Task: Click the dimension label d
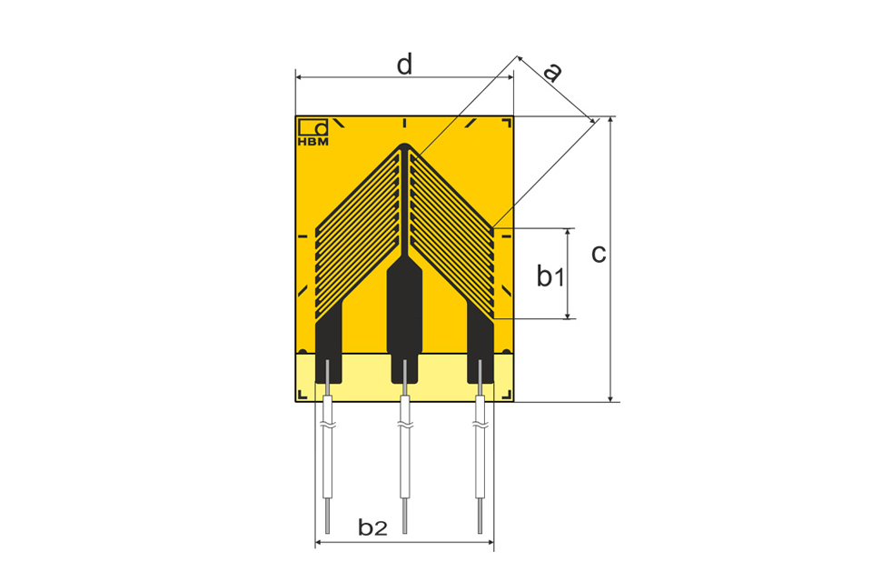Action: point(405,65)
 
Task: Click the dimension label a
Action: point(552,72)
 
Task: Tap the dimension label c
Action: point(599,254)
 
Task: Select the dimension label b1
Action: point(550,276)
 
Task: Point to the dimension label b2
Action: point(372,527)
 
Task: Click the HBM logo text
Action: point(313,142)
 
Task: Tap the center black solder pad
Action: point(404,320)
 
